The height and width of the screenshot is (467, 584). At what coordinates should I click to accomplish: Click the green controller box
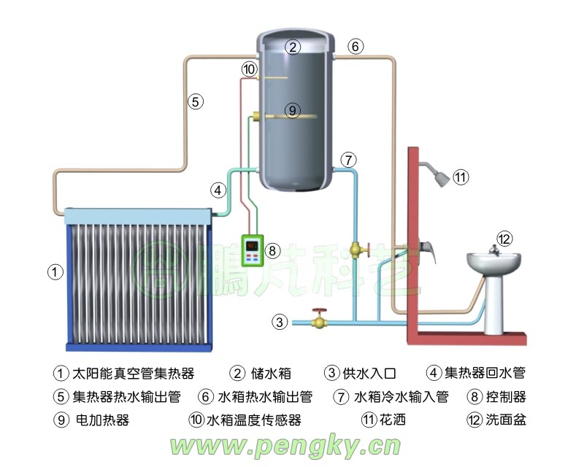click(253, 250)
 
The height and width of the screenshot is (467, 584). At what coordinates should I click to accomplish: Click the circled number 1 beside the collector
click(54, 271)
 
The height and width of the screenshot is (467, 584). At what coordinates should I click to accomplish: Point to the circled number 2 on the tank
click(293, 47)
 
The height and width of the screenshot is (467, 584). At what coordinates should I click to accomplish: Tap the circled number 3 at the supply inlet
click(280, 321)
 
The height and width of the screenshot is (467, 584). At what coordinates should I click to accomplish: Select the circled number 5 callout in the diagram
click(195, 101)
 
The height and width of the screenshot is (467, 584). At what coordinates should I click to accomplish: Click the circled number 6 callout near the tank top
click(356, 47)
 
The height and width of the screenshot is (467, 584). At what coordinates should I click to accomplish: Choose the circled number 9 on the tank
click(291, 111)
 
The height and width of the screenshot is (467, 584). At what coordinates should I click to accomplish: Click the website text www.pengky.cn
click(285, 444)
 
